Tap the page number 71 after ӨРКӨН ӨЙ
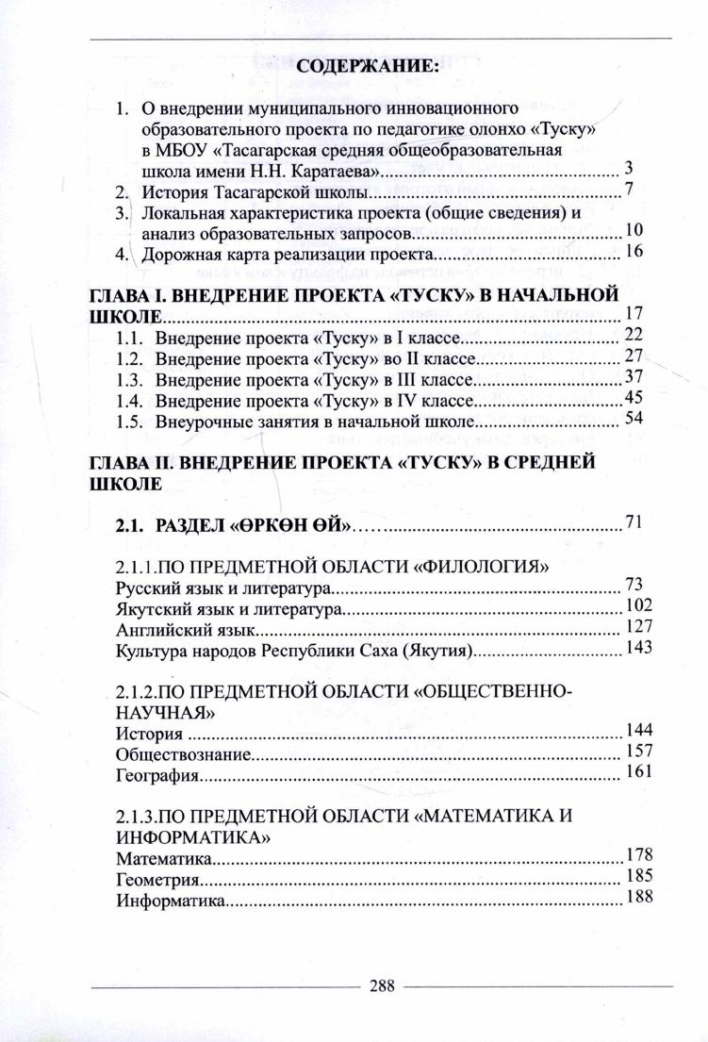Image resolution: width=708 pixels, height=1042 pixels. click(x=633, y=521)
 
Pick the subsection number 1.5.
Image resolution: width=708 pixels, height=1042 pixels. click(x=127, y=422)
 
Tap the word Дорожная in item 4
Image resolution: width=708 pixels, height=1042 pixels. click(x=176, y=254)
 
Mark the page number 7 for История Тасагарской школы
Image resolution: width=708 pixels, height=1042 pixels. click(x=628, y=189)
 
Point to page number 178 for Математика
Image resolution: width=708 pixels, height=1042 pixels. click(x=638, y=855)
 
